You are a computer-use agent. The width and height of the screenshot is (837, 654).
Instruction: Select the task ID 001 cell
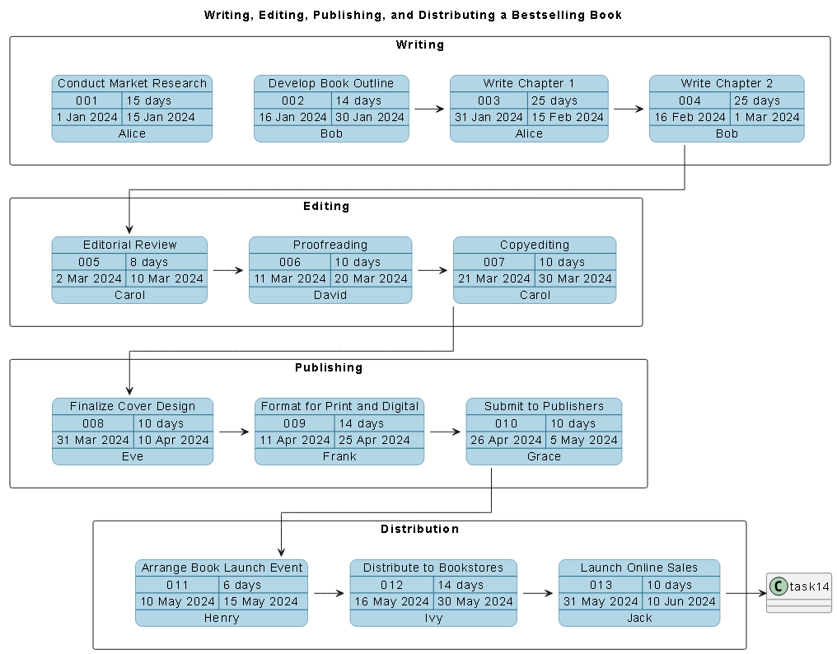click(87, 100)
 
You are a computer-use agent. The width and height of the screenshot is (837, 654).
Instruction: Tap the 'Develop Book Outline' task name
click(330, 83)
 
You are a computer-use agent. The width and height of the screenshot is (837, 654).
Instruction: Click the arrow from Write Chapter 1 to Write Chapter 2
click(628, 109)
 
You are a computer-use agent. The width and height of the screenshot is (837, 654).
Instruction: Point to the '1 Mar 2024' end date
click(766, 117)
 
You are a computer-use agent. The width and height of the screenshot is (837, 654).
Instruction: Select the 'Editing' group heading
click(326, 206)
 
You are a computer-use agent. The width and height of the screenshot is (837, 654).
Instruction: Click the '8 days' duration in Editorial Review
click(149, 262)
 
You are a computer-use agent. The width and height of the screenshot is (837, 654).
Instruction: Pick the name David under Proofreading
click(330, 295)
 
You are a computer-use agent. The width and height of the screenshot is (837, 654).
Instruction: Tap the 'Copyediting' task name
click(534, 245)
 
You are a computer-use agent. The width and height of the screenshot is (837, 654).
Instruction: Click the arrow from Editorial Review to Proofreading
click(227, 270)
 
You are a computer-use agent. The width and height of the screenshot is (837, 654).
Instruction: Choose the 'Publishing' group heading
click(328, 367)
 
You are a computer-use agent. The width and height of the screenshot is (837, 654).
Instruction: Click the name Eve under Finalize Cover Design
click(132, 456)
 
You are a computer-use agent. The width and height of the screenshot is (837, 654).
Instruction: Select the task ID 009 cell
click(294, 423)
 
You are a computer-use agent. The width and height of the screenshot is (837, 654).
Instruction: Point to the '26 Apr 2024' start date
click(505, 440)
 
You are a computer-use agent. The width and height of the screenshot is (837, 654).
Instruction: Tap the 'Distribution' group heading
click(419, 529)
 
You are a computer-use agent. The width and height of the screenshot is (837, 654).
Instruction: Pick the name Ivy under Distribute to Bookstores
click(433, 618)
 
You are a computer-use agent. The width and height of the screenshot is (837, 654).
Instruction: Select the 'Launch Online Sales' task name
click(638, 568)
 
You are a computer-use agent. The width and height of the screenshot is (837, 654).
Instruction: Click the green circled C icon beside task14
click(778, 586)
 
